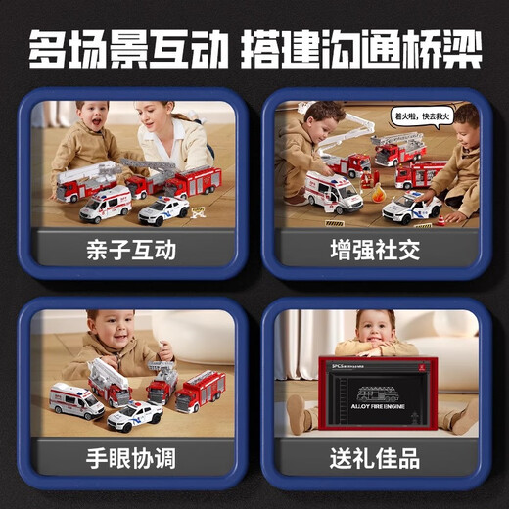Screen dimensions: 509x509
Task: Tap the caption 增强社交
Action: pyautogui.click(x=375, y=250)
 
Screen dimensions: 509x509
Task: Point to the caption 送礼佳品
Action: pyautogui.click(x=375, y=456)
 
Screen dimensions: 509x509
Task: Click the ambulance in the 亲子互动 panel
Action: pyautogui.click(x=106, y=204)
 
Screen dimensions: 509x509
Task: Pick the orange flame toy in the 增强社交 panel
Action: pyautogui.click(x=369, y=183)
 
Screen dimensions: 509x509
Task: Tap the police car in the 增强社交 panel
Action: pyautogui.click(x=411, y=208)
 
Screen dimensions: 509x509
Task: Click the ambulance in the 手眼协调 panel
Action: pyautogui.click(x=76, y=399)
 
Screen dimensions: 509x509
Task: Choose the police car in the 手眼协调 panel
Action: pyautogui.click(x=135, y=415)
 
